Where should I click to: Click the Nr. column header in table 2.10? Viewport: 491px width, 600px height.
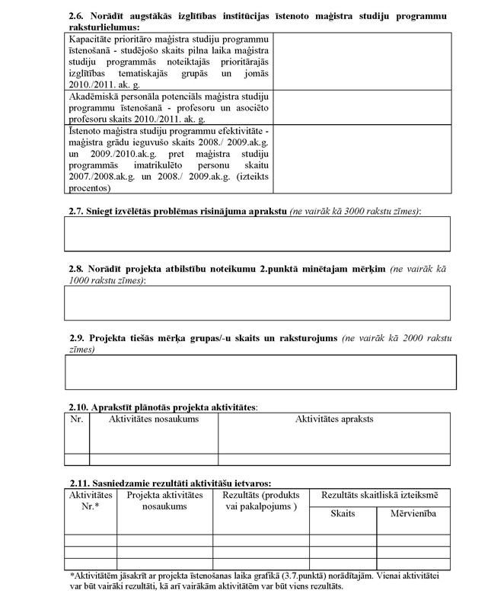pos(76,419)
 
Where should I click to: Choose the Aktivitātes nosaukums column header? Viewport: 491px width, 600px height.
pos(154,419)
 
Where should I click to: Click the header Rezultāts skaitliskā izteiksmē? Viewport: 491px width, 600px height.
pos(379,495)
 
